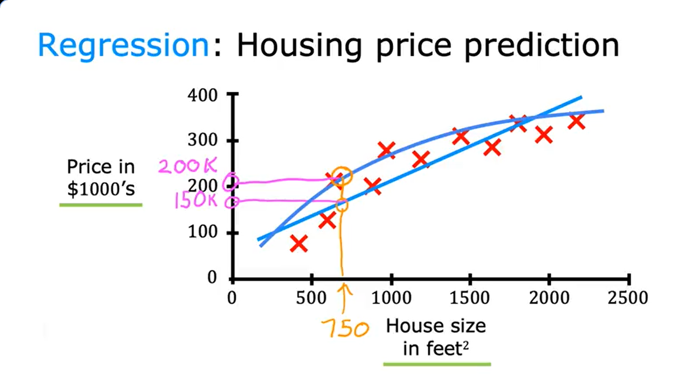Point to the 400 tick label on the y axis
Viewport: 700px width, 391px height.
click(202, 95)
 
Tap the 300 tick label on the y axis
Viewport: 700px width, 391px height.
click(202, 141)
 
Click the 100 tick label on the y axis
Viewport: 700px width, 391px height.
click(202, 232)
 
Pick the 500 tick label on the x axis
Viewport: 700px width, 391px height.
click(311, 298)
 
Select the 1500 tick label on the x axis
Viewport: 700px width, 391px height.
click(470, 298)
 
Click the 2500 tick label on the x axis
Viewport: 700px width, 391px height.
click(628, 298)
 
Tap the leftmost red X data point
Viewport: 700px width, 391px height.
click(299, 244)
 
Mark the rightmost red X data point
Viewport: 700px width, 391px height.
click(577, 121)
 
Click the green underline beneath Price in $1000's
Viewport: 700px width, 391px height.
click(101, 205)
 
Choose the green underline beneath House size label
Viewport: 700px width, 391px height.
click(437, 364)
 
